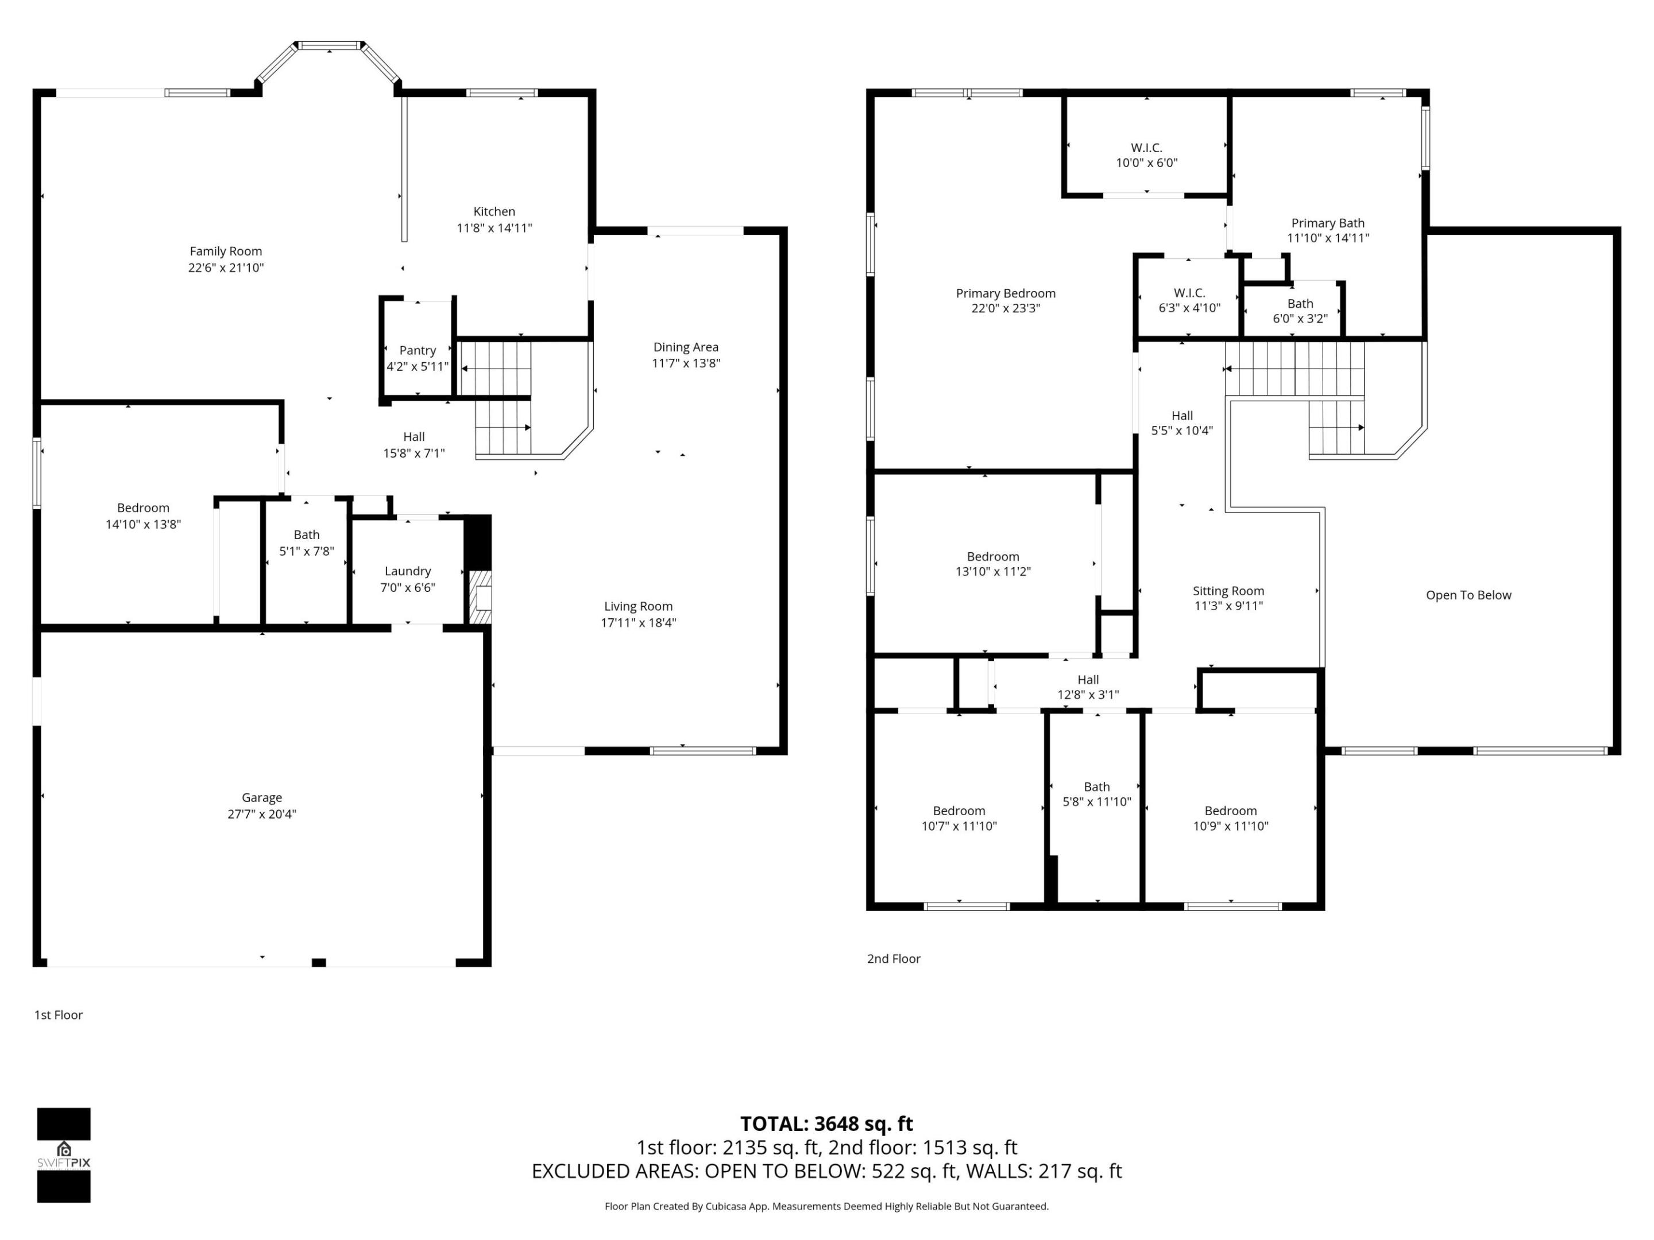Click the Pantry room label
tap(418, 350)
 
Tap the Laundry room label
tap(408, 571)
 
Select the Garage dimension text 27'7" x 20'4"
tap(262, 814)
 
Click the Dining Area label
tap(685, 347)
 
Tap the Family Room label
tap(225, 251)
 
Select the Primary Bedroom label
tap(1005, 293)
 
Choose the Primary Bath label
tap(1327, 223)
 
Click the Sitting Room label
tap(1228, 591)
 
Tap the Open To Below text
tap(1468, 595)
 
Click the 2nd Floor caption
tap(893, 958)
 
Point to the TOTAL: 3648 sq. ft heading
tap(826, 1123)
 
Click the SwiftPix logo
tap(64, 1155)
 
